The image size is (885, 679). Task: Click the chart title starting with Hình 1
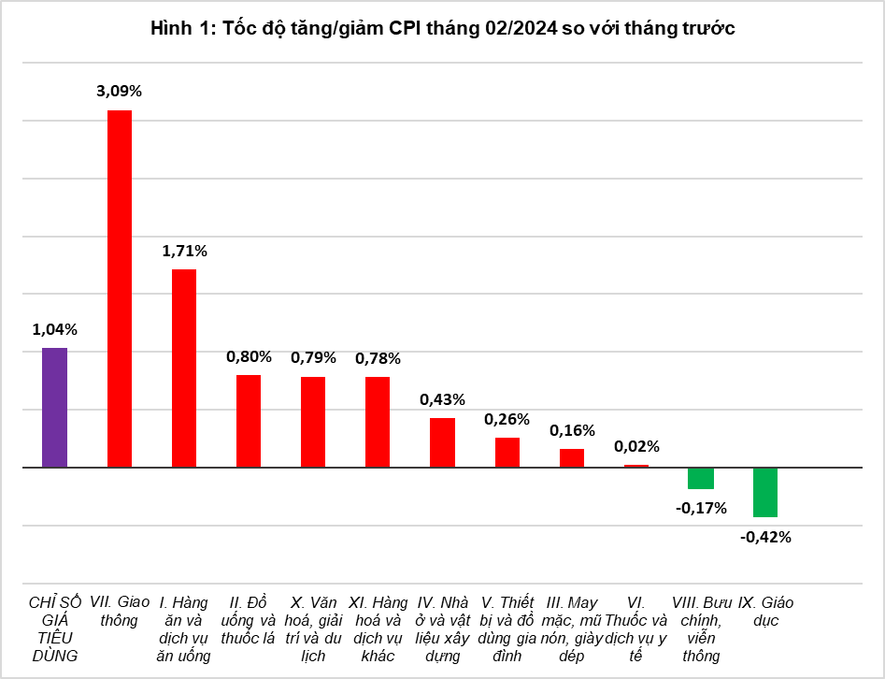click(442, 29)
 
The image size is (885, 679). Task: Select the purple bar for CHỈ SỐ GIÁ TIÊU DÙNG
click(55, 408)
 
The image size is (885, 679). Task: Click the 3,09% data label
click(119, 92)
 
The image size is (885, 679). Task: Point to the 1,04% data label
click(55, 329)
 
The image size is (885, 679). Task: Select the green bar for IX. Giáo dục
click(765, 492)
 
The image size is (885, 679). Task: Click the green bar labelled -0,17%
click(701, 478)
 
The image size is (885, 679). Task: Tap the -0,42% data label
click(765, 537)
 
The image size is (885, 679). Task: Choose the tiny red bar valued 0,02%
click(636, 466)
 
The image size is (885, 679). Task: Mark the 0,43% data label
click(442, 399)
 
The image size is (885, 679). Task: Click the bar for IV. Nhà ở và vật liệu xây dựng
click(442, 442)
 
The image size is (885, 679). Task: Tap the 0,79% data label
click(313, 358)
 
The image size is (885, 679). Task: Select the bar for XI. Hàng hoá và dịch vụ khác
click(378, 422)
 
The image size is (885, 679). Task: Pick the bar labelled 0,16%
click(572, 457)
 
